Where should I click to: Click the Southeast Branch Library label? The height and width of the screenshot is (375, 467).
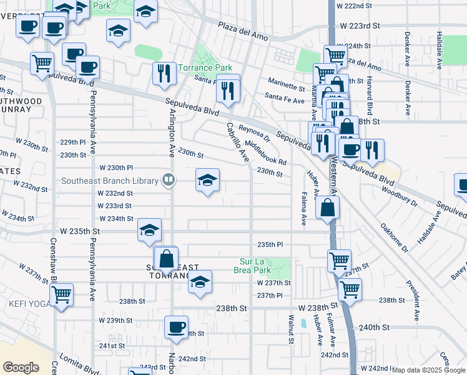[110, 181]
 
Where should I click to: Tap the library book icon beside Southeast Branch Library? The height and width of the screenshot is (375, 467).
[168, 181]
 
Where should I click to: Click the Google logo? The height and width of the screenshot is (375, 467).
[21, 367]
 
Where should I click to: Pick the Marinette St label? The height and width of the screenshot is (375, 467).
[285, 82]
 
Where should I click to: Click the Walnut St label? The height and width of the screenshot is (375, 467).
[291, 329]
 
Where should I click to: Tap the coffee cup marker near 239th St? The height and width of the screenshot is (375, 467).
[177, 326]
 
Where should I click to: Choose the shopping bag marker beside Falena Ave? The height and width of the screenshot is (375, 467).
[327, 207]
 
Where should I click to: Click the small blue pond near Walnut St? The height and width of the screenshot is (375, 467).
[303, 324]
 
